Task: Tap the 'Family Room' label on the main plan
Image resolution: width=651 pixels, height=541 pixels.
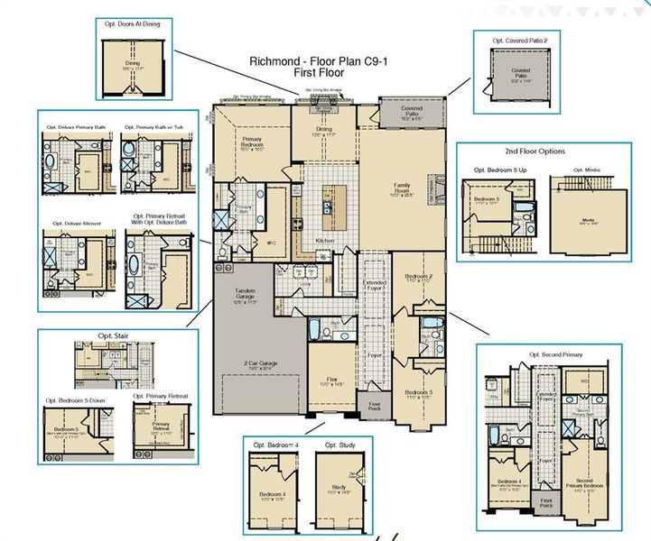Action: click(x=402, y=188)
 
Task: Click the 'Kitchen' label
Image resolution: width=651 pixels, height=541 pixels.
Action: click(x=326, y=242)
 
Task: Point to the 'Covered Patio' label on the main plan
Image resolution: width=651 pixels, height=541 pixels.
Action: click(x=411, y=113)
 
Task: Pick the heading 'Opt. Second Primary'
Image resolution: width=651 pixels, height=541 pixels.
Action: click(x=555, y=355)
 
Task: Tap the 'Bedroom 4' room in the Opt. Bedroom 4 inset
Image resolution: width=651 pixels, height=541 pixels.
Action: click(x=273, y=494)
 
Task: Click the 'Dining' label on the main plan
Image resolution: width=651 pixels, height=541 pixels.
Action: click(x=323, y=130)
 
